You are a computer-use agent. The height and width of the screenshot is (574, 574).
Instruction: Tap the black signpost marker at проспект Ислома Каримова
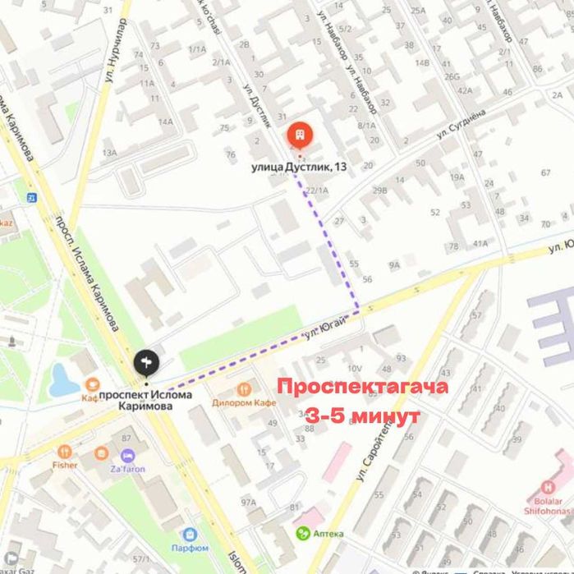(147, 362)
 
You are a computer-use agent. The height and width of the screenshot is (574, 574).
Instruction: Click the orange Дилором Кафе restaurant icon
(243, 390)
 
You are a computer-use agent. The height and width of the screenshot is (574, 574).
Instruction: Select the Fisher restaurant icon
(65, 452)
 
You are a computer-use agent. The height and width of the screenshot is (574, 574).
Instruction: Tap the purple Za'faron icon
(126, 456)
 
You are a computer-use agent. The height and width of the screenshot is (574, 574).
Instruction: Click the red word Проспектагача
(362, 387)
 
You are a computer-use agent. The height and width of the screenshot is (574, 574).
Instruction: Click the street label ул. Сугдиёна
(461, 122)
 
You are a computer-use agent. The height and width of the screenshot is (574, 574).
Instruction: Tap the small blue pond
(62, 379)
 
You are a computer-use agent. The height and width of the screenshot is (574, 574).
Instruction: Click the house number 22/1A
(316, 191)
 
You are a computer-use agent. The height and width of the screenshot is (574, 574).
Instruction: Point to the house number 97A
(249, 502)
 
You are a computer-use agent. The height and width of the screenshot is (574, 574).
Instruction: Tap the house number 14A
(166, 122)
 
